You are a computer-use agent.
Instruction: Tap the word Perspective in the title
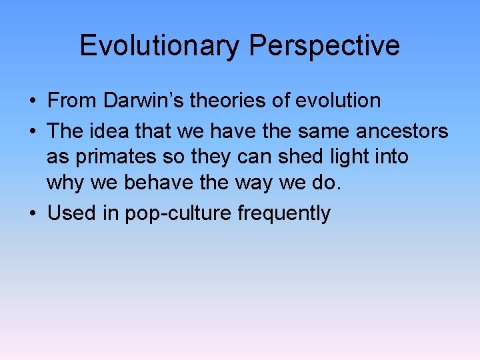tap(325, 46)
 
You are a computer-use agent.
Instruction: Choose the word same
tap(321, 131)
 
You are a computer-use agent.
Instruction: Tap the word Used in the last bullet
tap(70, 213)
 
